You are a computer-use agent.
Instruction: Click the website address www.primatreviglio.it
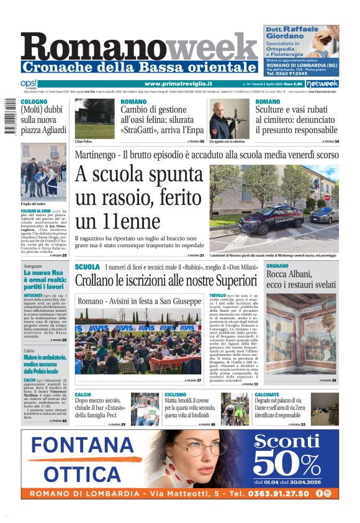click(178, 83)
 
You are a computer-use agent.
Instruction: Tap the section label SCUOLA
click(87, 266)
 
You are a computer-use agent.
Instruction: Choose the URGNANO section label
click(277, 266)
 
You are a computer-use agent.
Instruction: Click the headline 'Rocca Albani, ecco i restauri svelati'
click(301, 279)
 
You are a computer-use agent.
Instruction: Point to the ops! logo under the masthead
click(29, 83)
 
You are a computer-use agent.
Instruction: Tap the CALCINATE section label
click(267, 394)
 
